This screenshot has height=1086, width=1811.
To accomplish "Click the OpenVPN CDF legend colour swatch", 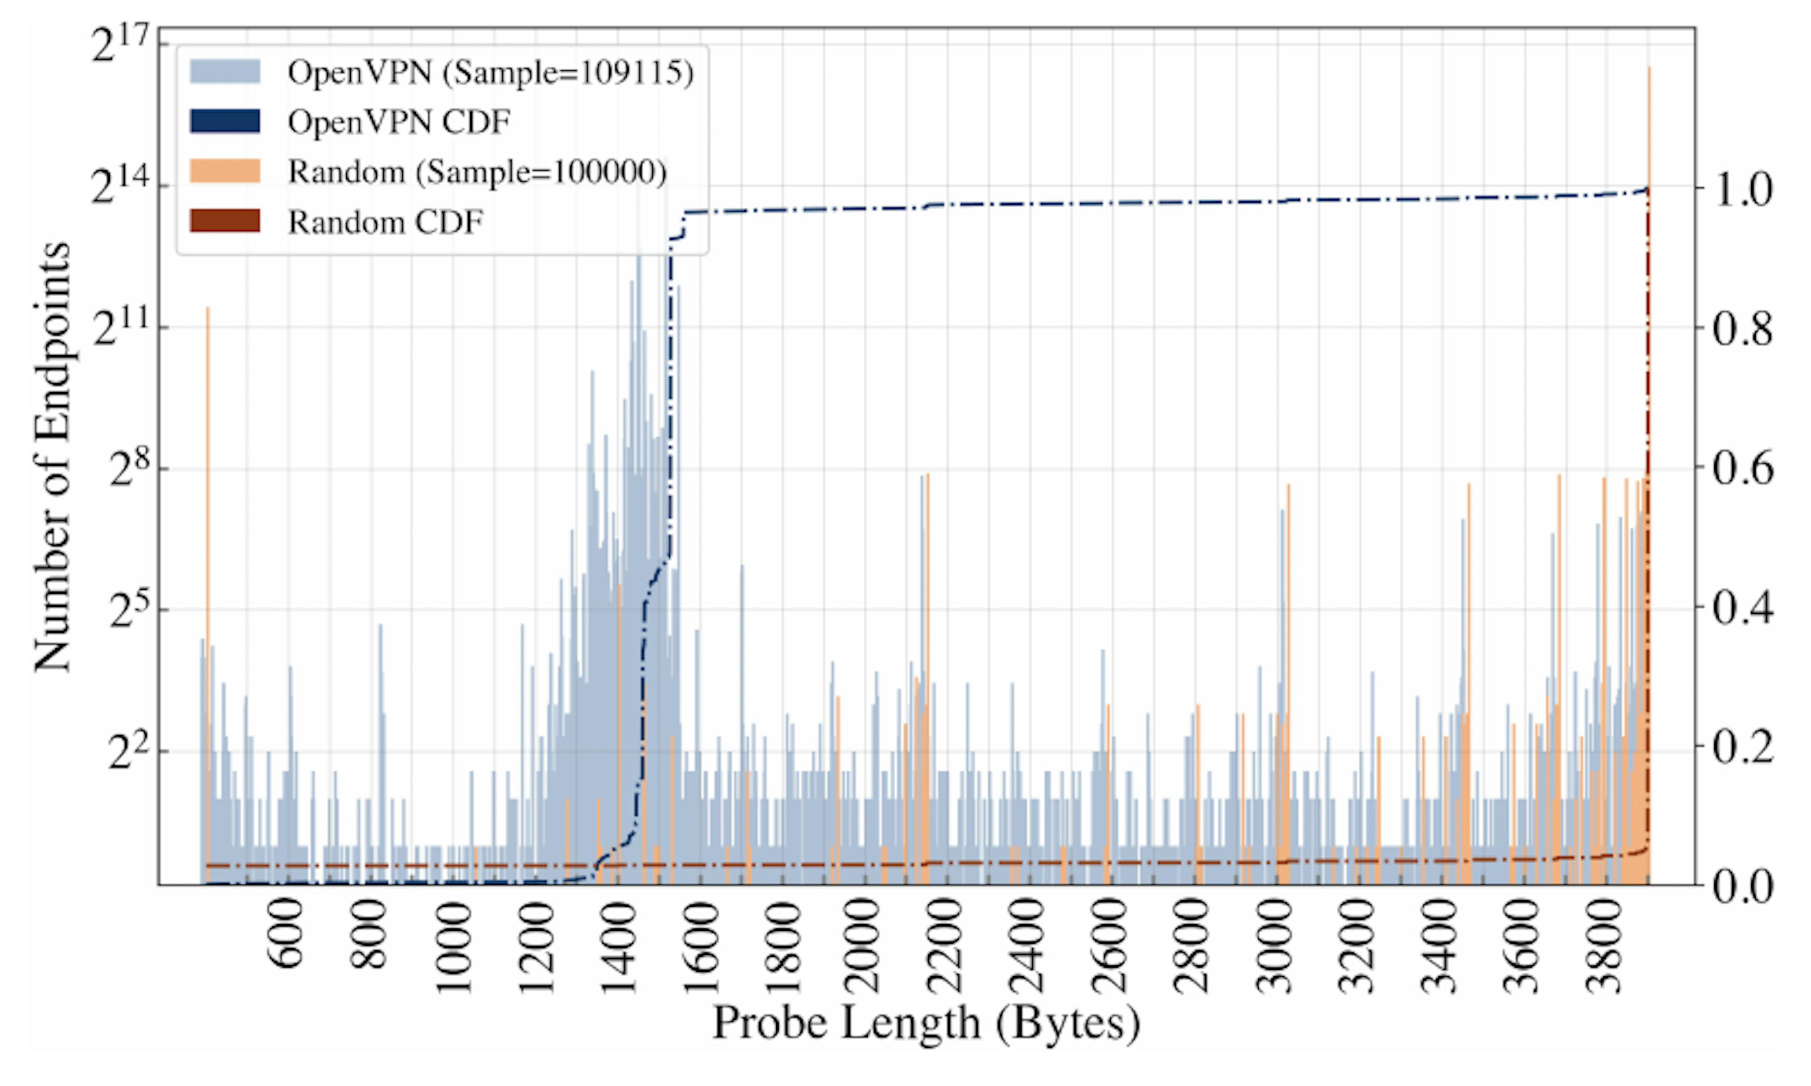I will (224, 122).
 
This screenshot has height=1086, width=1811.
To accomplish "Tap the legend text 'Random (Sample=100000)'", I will (477, 172).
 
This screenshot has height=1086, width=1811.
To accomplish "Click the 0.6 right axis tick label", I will (1742, 468).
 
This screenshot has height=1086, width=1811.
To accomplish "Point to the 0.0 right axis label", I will (1742, 887).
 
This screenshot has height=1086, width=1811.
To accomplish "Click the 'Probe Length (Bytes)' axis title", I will (926, 1023).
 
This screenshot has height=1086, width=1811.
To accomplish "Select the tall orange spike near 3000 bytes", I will (1288, 659).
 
